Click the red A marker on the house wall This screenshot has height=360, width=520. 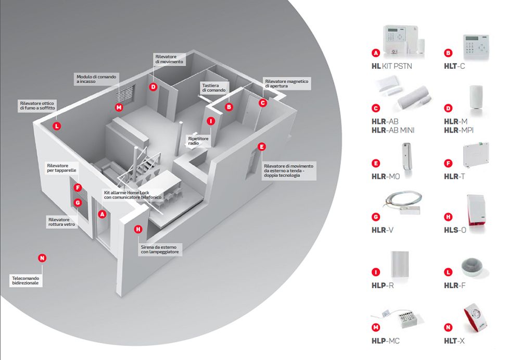(102, 214)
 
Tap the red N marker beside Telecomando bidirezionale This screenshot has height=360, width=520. (42, 258)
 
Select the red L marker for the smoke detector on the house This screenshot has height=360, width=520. (56, 126)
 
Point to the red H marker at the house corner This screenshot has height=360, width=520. (138, 229)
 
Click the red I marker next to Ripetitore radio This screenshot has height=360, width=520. (210, 121)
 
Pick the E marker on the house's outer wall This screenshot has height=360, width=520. (261, 147)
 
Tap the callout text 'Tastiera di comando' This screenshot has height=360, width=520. (213, 88)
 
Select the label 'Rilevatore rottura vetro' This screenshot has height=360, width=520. (61, 222)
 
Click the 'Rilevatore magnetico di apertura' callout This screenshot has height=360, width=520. (287, 84)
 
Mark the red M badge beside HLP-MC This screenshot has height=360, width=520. (375, 327)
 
